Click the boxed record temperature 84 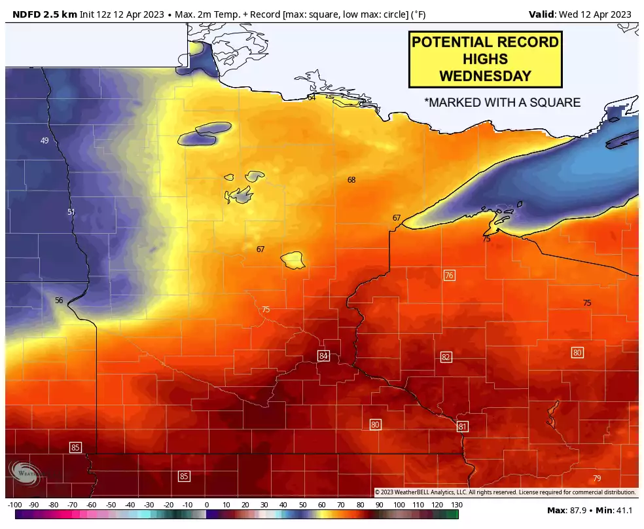323,356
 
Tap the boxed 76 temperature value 449,275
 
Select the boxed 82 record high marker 446,357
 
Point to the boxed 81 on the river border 463,426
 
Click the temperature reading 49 45,141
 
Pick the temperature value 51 71,211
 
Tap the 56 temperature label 59,301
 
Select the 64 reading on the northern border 312,98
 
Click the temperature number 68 351,179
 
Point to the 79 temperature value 596,478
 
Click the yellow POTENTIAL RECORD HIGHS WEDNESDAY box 485,60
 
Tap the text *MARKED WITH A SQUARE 502,103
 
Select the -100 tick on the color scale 15,505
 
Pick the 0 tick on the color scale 207,505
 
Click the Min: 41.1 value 615,509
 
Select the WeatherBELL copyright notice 505,492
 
